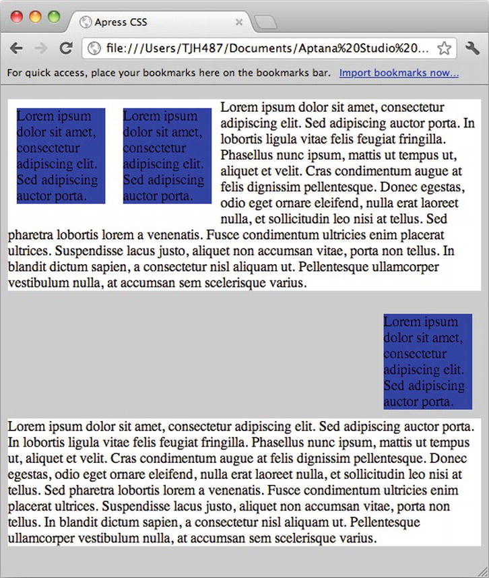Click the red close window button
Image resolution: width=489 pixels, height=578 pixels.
point(17,18)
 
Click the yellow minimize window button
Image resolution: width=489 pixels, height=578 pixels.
point(35,18)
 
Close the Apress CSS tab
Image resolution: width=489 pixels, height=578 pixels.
point(238,22)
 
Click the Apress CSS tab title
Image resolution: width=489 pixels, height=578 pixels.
point(121,22)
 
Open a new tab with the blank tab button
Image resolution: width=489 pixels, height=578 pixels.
point(267,23)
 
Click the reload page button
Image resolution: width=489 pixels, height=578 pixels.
point(66,48)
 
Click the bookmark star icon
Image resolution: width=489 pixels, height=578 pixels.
point(444,48)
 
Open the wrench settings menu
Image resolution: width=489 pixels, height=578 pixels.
point(472,48)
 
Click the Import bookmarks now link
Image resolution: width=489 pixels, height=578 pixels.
point(399,73)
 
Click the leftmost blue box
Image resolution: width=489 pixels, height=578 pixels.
point(61,156)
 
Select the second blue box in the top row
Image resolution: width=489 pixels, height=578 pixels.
point(167,156)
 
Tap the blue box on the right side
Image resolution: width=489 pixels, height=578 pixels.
point(428,362)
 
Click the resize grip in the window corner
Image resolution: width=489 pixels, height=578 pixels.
point(482,571)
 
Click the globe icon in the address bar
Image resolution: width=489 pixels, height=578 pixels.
point(95,49)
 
